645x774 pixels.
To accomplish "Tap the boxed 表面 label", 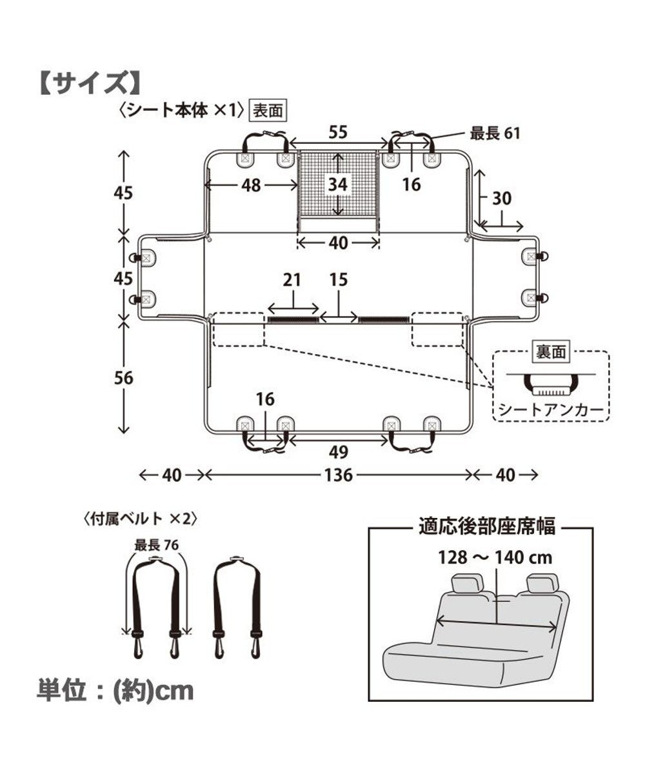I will point(267,110).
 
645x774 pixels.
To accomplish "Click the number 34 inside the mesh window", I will point(337,184).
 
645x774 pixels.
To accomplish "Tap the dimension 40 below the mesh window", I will point(337,243).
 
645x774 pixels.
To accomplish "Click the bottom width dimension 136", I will point(338,475).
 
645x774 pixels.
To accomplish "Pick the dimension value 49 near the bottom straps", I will point(338,452).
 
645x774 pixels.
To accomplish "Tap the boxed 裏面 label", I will point(550,352).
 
